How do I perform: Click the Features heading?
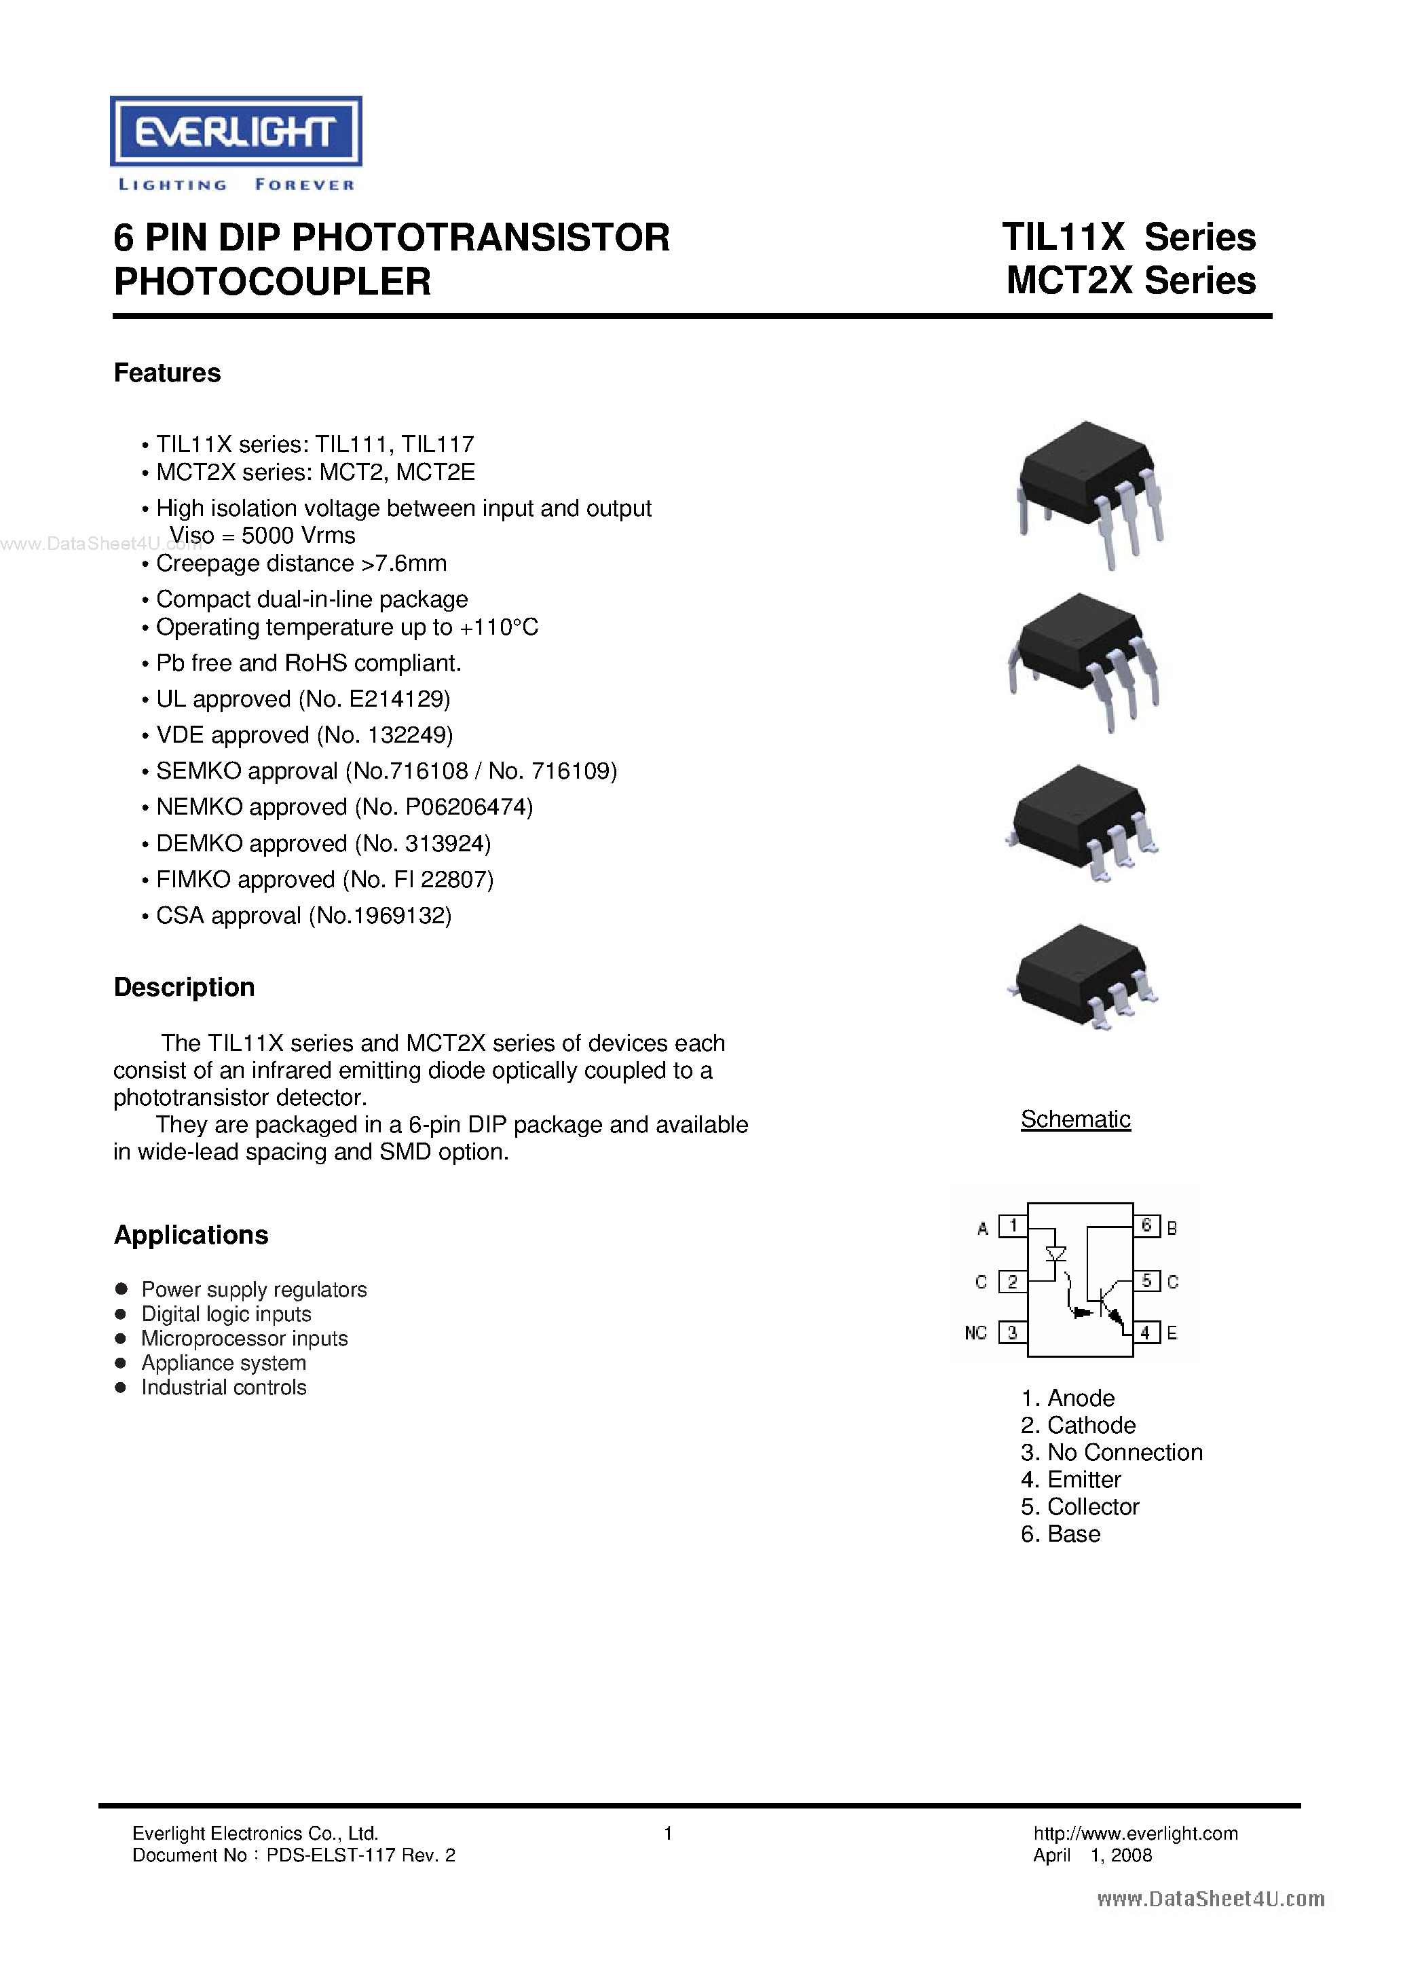167,373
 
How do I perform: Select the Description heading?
184,987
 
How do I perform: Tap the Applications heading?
191,1235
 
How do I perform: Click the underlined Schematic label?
1075,1119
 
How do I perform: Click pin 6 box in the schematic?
1146,1226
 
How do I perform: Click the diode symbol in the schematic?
1055,1254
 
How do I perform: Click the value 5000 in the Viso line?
267,536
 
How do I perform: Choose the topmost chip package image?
1088,494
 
